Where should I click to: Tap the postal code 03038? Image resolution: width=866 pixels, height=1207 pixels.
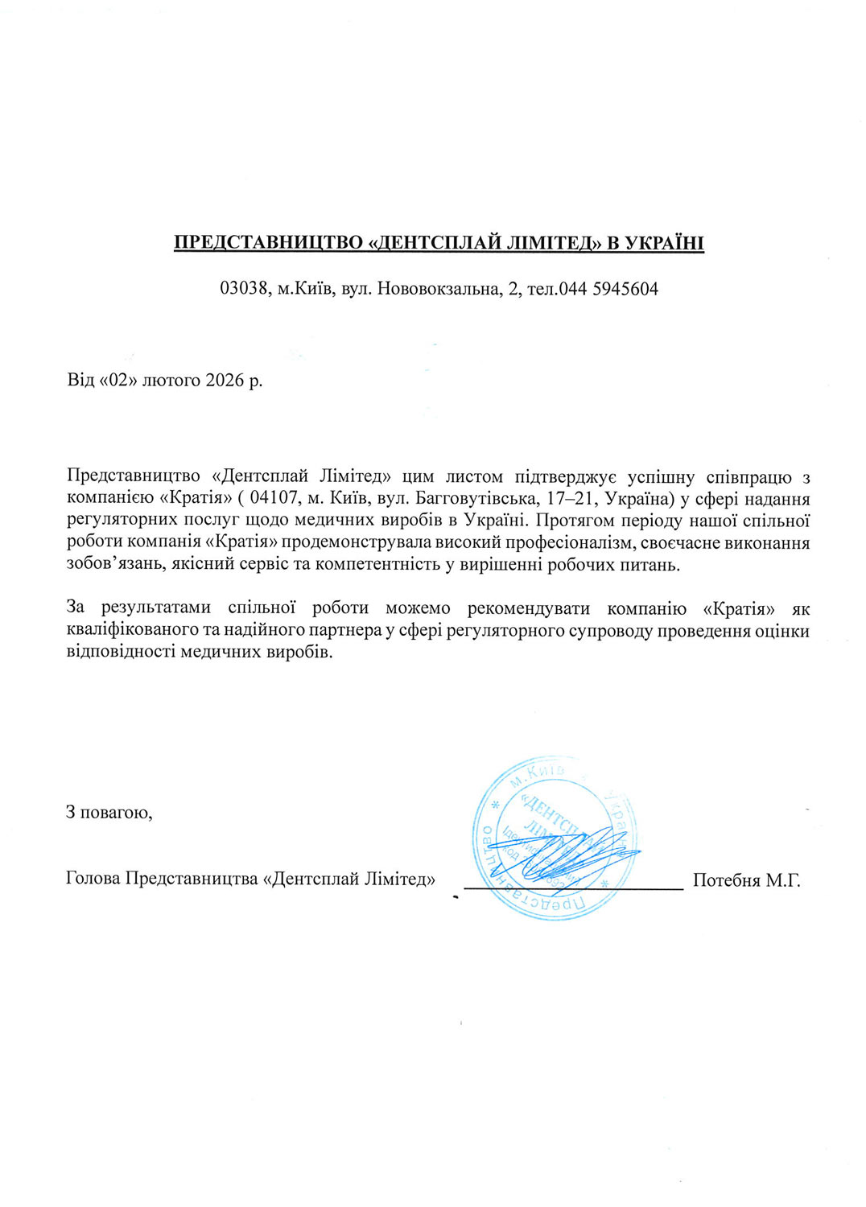(244, 289)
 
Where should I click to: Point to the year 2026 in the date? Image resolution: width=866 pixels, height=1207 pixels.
(225, 380)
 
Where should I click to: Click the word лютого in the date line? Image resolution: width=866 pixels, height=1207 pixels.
(171, 380)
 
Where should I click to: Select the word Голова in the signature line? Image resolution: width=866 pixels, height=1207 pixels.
(93, 879)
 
